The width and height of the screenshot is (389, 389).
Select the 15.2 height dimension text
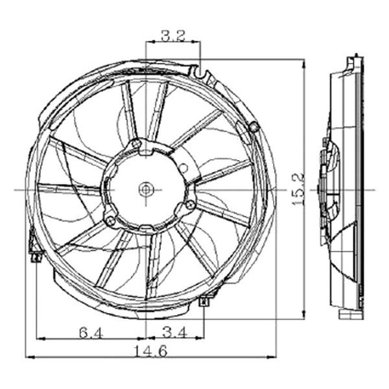click(296, 189)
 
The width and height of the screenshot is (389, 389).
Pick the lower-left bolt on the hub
click(111, 222)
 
